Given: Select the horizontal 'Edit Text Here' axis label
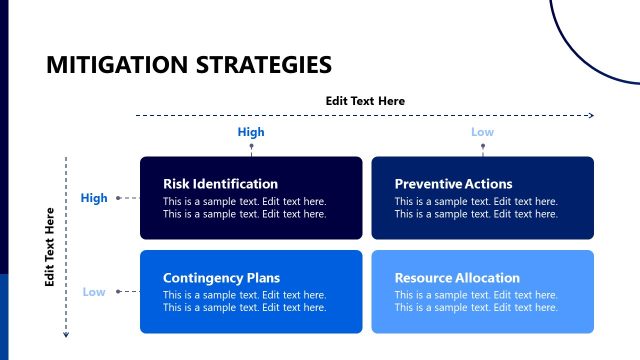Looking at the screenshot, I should [365, 100].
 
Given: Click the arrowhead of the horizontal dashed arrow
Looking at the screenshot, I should [591, 116].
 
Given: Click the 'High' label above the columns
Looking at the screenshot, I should [251, 132].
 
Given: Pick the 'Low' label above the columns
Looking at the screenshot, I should [483, 132].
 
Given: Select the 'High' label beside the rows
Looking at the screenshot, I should [94, 198].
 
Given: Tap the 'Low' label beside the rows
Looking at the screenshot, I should [94, 292].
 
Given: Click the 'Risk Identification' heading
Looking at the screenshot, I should [220, 184].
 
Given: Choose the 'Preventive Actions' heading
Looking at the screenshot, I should [453, 184].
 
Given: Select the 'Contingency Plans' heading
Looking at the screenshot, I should [221, 278].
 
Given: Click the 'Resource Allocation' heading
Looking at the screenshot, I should [457, 278].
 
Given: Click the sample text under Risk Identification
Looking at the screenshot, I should [244, 208].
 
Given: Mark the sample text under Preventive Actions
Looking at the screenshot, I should [476, 208].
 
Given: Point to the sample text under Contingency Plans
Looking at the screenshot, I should [244, 301].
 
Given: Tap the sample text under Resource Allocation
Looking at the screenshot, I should [476, 301].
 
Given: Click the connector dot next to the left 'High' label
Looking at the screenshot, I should [118, 198].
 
